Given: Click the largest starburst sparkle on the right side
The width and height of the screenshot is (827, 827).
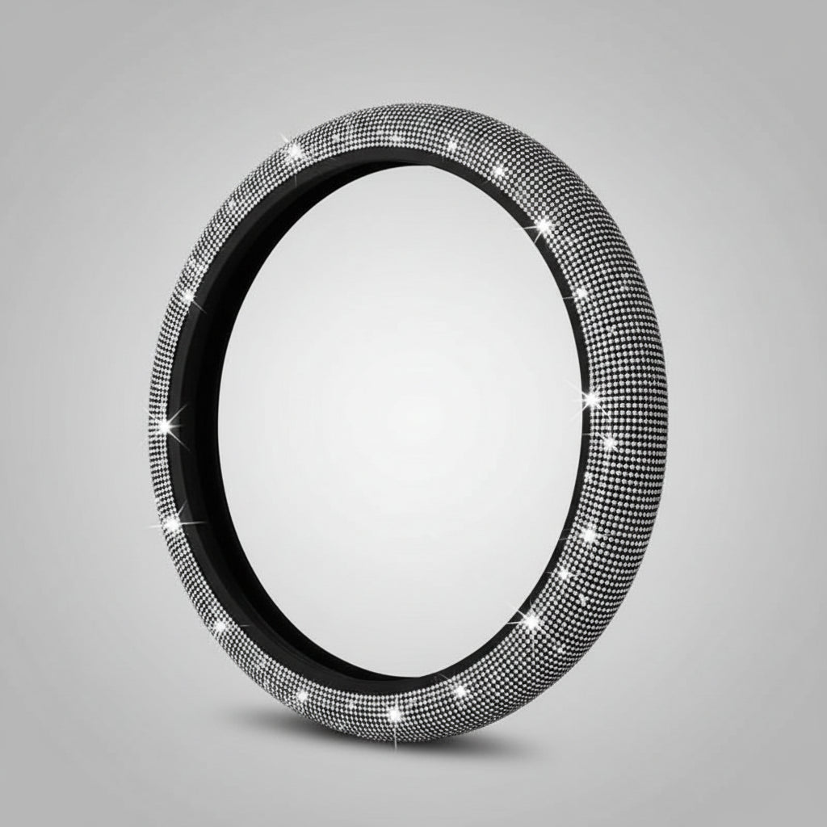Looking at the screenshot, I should tap(592, 399).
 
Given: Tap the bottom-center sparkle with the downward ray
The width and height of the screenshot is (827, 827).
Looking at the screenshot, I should tap(395, 715).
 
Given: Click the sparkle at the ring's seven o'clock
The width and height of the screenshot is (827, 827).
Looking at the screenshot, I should tap(220, 626).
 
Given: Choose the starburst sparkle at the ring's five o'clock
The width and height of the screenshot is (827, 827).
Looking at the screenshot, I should tap(531, 621).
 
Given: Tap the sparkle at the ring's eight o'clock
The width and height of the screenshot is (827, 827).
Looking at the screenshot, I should tap(171, 525).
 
